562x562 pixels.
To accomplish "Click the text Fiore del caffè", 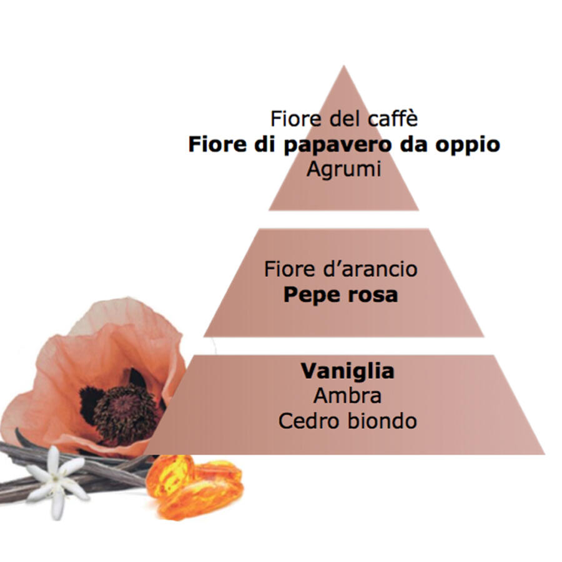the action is point(344,118).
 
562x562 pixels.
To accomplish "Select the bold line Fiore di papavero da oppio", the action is point(344,145).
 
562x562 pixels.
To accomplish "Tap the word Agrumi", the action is point(343,169).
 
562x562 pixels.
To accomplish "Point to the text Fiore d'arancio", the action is point(341,269).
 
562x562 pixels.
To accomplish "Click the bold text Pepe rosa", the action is point(341,295).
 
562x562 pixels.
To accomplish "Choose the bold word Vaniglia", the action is point(348,372).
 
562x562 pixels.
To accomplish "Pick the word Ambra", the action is point(347,396).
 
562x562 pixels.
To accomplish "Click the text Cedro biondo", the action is point(348,421).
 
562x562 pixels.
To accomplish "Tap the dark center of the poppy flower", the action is point(124,412).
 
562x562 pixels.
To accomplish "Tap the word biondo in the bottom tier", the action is point(382,421).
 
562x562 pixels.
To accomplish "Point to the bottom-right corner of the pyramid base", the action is point(545,454).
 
